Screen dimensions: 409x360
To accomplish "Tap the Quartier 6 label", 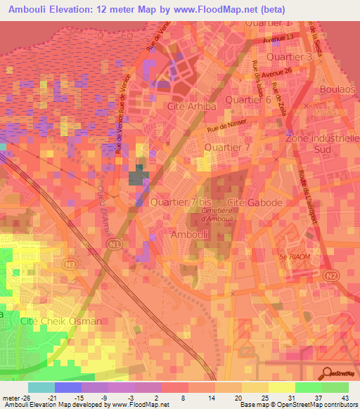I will pos(248,100).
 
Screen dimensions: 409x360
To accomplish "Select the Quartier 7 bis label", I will pos(180,202).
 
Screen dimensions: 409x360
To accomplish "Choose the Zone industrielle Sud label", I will pos(321,144).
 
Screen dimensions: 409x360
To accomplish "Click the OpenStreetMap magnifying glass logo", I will pos(326,373).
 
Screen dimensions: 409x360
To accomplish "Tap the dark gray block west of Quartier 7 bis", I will pos(139,176).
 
